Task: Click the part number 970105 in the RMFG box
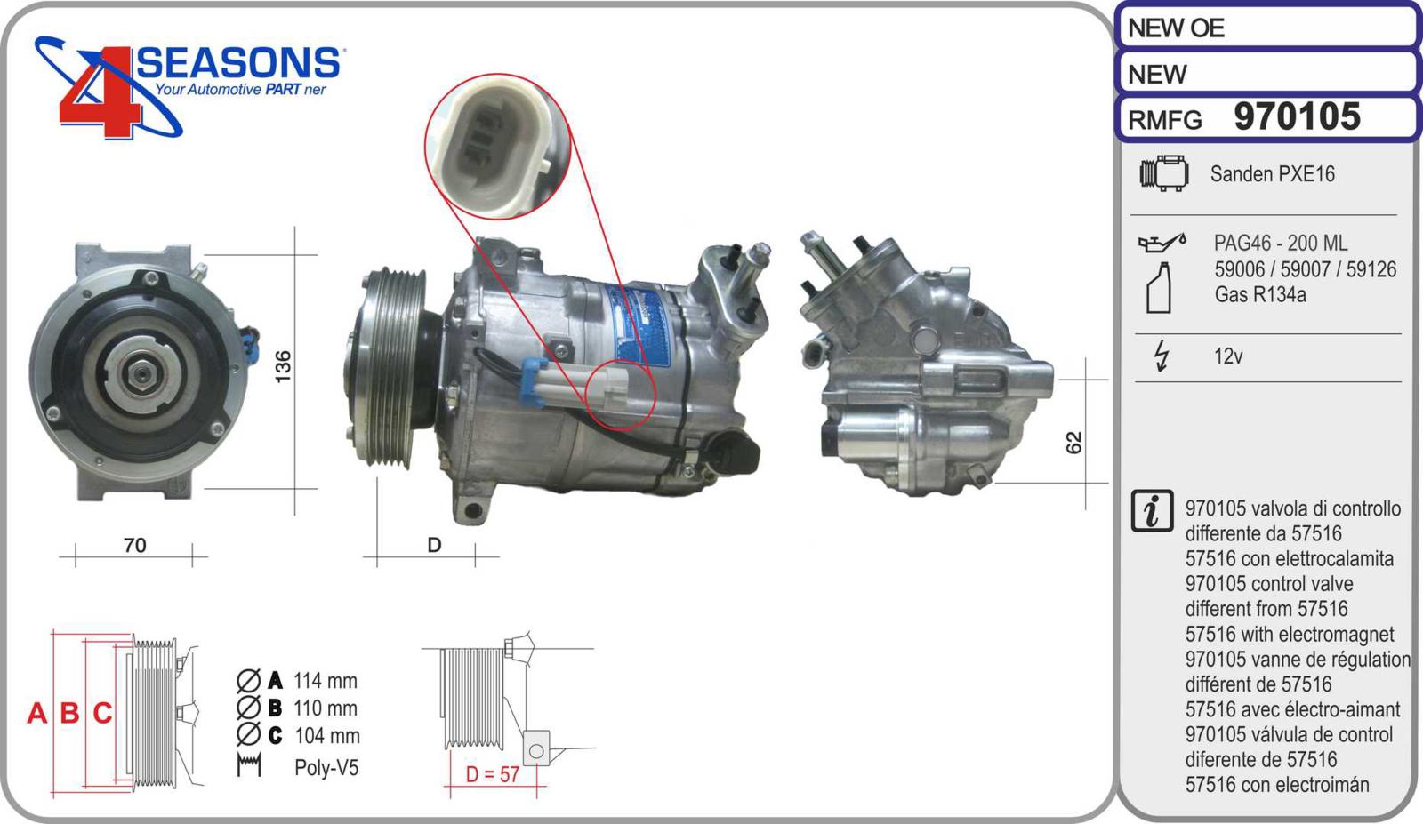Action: click(x=1297, y=116)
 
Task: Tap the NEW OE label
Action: click(x=1176, y=28)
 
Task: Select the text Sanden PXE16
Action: click(x=1272, y=174)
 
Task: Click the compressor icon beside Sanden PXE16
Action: click(x=1164, y=172)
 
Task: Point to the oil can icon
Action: click(x=1162, y=241)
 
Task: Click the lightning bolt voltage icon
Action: click(x=1162, y=356)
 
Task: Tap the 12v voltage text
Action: click(x=1228, y=356)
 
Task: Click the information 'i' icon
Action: click(x=1152, y=511)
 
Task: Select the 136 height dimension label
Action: click(x=283, y=366)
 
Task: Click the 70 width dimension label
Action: click(x=134, y=545)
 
